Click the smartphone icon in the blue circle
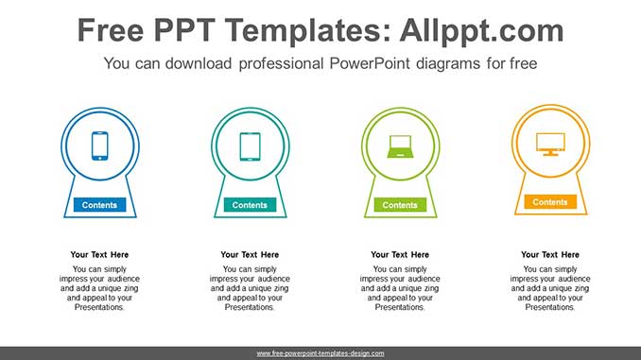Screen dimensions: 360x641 coord(99,146)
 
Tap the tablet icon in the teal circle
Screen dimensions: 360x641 coord(250,146)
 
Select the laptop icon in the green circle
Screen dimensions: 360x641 coord(400,146)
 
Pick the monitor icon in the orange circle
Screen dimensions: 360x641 coord(550,143)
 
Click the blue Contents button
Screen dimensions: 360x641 coord(99,205)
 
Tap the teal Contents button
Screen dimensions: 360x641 coord(250,205)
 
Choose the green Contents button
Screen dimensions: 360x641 coord(400,205)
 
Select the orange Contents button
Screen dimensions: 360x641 coord(550,202)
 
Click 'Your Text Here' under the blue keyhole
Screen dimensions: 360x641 coord(99,254)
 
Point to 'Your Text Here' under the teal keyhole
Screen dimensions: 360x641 coord(250,254)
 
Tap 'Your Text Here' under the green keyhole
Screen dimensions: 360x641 coord(400,254)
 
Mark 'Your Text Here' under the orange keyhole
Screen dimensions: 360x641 coord(550,254)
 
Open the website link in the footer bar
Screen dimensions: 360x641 coord(320,353)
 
